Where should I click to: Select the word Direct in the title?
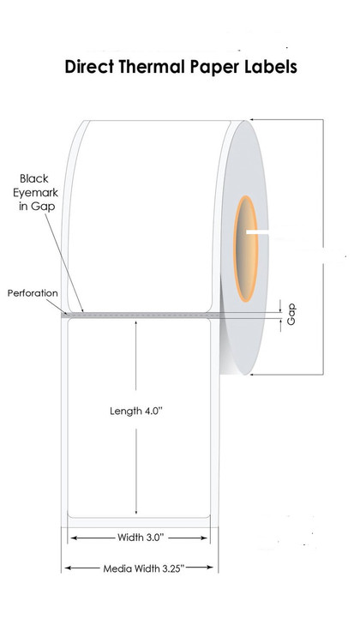click(x=89, y=66)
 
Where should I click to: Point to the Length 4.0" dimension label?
click(x=136, y=411)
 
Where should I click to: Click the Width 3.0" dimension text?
click(x=141, y=538)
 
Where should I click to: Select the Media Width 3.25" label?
click(x=143, y=568)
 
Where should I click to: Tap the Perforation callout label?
click(x=33, y=293)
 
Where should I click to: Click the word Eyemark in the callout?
click(x=35, y=193)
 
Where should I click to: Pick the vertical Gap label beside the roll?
click(x=291, y=315)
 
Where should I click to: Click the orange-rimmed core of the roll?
click(x=246, y=249)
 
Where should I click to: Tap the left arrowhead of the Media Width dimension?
click(x=68, y=568)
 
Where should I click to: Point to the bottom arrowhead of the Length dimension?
click(x=135, y=511)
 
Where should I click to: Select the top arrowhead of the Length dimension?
click(x=135, y=324)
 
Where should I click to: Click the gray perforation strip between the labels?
click(x=141, y=315)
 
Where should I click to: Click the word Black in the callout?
click(x=34, y=179)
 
